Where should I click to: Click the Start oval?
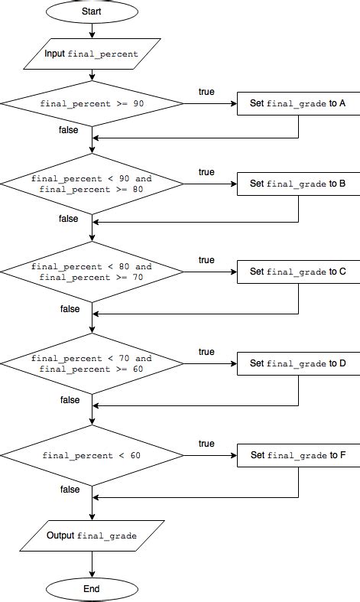click(92, 11)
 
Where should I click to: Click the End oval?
click(92, 589)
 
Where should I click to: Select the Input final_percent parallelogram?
click(92, 54)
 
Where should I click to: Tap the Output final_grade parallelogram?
click(92, 535)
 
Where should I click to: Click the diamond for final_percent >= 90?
click(92, 102)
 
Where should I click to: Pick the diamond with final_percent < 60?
click(92, 455)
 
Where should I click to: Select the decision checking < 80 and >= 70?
click(92, 272)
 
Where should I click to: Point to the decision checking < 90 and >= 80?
click(92, 184)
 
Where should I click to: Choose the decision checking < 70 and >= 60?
click(92, 363)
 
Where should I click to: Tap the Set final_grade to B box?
click(298, 184)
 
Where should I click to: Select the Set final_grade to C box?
click(298, 272)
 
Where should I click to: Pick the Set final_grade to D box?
click(298, 363)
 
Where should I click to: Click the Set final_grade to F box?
click(298, 455)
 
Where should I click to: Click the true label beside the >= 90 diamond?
click(206, 91)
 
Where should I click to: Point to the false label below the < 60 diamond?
click(70, 490)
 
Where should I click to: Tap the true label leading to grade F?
click(206, 444)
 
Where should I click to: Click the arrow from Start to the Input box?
click(92, 31)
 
